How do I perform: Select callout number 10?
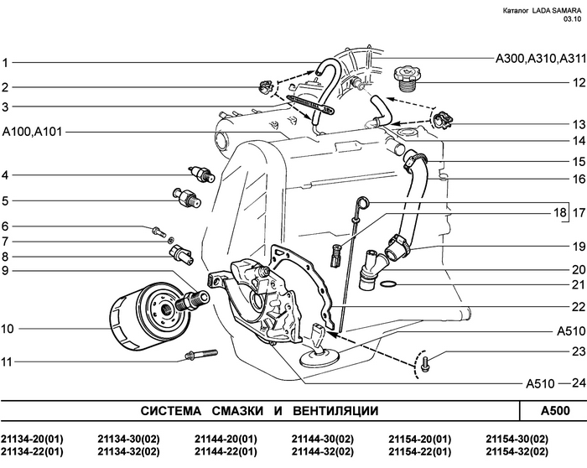point(8,330)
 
